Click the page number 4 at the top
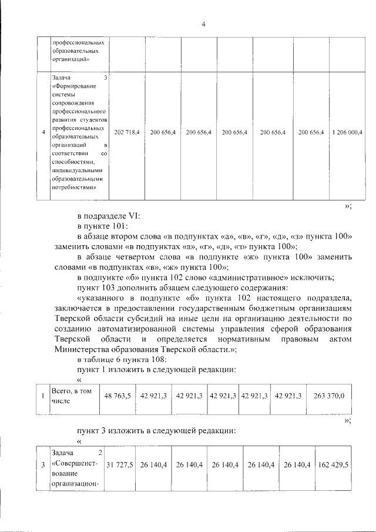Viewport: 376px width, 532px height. click(203, 24)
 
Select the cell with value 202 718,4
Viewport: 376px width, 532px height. click(126, 133)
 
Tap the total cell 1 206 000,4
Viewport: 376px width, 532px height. click(347, 133)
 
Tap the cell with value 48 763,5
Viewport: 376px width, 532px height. click(118, 396)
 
